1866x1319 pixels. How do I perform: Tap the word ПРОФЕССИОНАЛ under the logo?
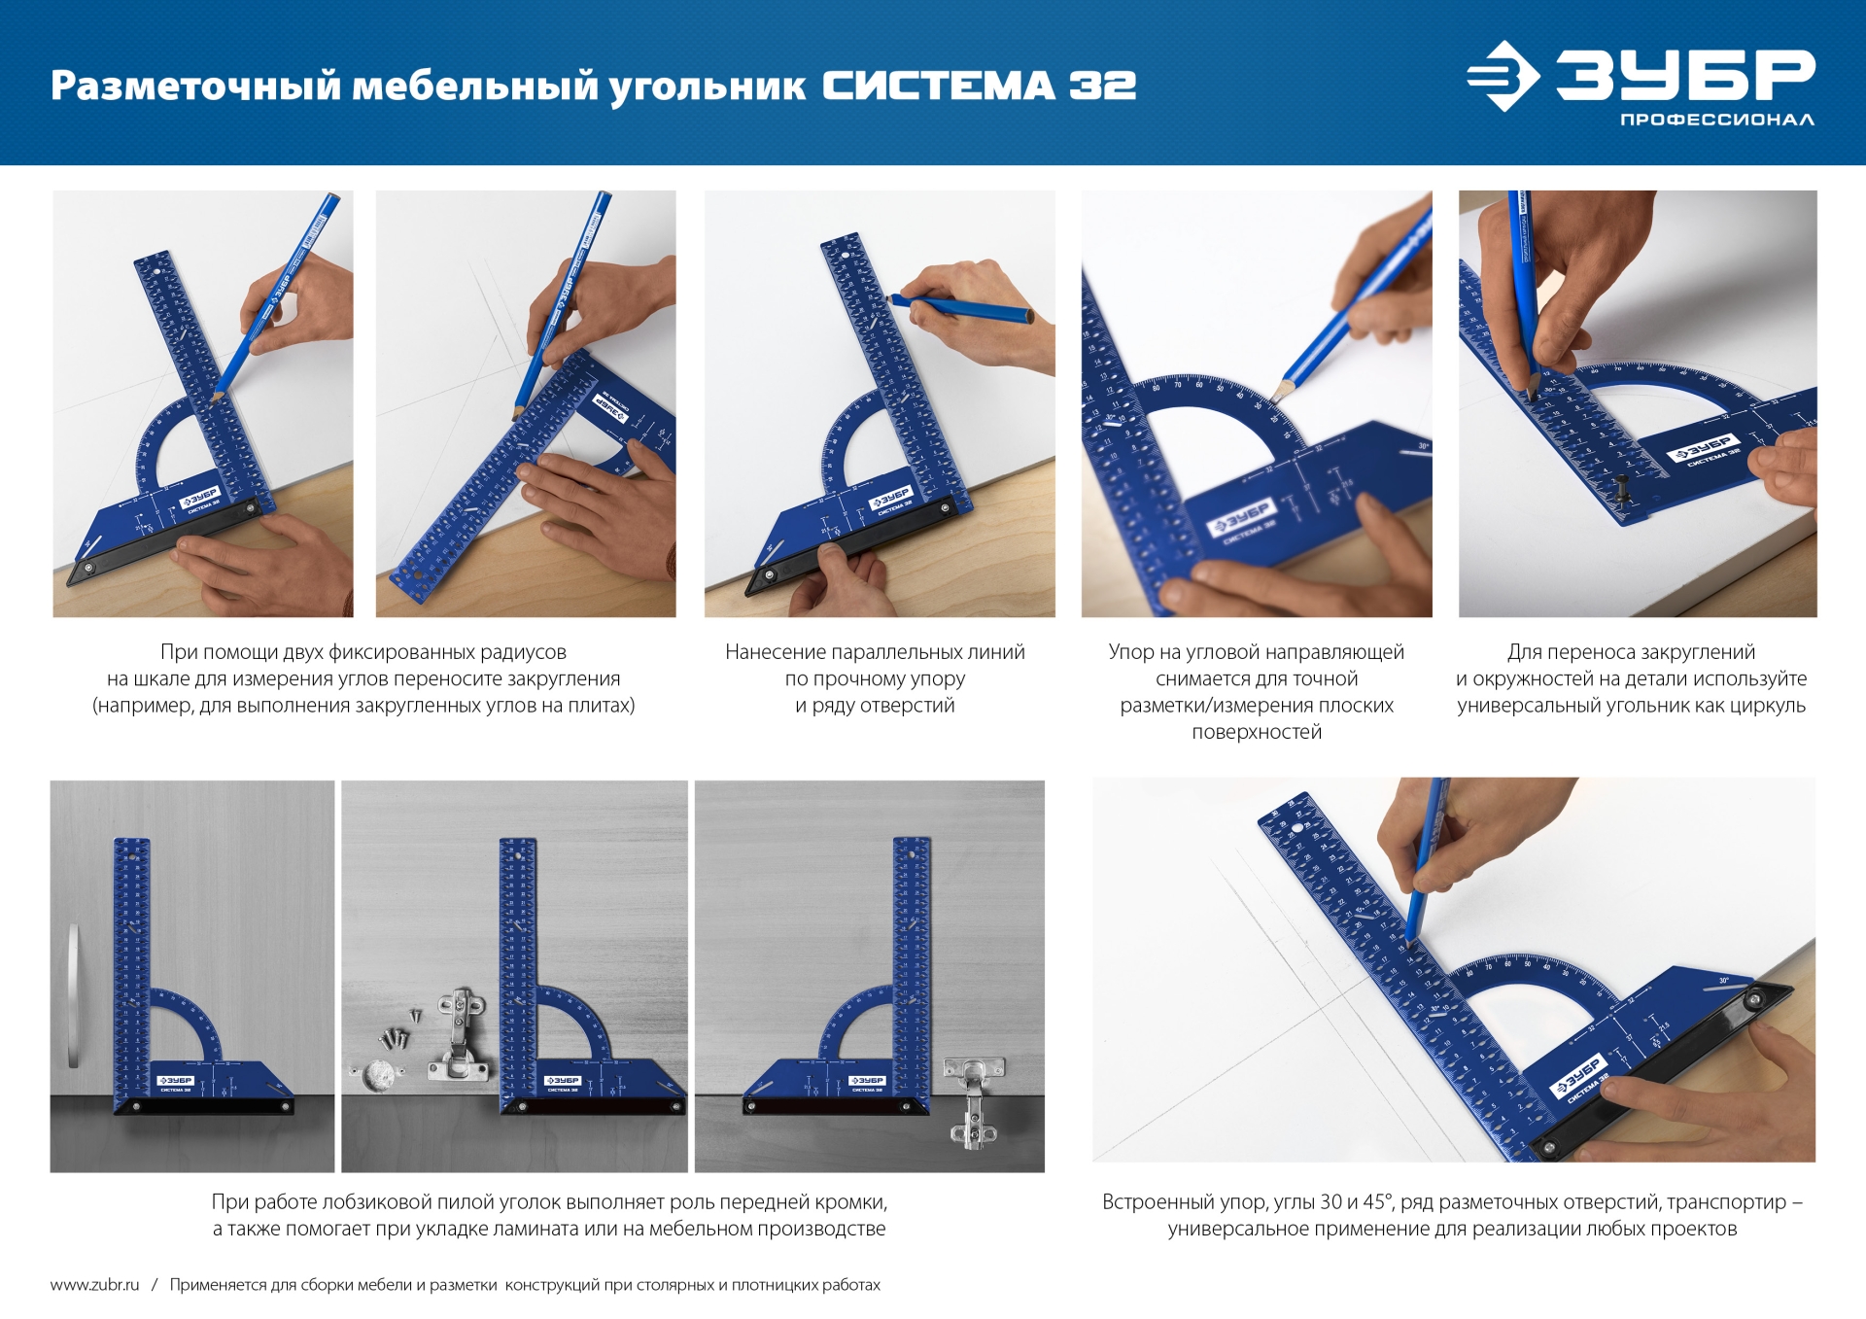point(1716,120)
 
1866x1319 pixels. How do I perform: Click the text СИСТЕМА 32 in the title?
point(979,86)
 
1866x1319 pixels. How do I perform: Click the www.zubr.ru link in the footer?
point(94,1284)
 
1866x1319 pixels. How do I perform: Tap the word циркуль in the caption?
point(1766,706)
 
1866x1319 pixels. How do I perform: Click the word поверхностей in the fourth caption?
point(1257,732)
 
